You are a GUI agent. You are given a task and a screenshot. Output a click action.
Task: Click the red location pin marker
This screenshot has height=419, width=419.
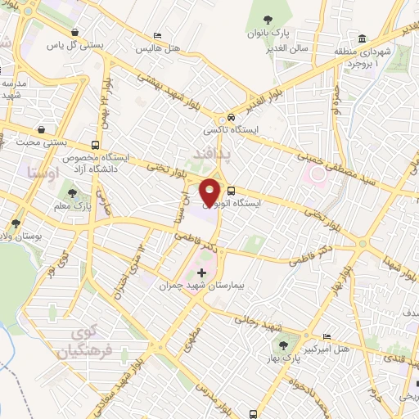pos(210,191)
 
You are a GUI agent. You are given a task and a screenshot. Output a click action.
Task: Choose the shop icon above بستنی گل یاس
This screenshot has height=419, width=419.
pos(75,33)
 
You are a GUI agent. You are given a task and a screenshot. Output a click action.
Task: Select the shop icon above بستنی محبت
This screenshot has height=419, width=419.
pos(42,128)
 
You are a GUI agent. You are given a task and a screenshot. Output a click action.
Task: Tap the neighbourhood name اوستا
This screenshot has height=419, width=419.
pos(40,173)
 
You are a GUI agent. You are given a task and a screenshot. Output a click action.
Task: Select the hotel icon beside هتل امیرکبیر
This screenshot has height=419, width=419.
pos(327,337)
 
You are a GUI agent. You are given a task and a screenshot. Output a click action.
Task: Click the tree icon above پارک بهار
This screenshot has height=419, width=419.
pos(282,345)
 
